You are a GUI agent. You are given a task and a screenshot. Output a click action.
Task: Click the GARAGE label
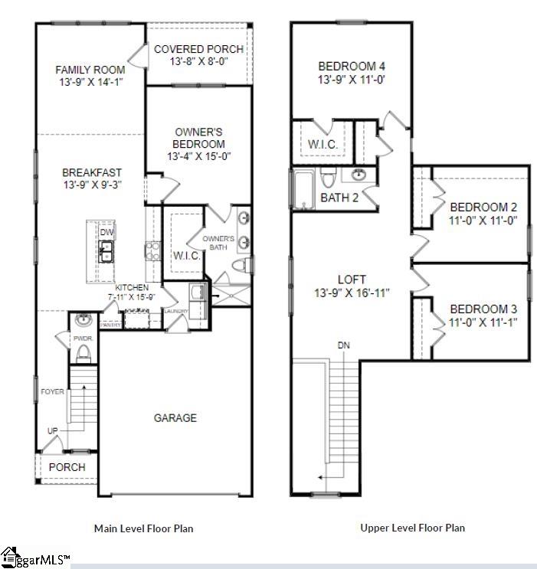pyautogui.click(x=175, y=418)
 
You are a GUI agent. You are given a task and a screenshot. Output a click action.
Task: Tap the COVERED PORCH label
pyautogui.click(x=198, y=49)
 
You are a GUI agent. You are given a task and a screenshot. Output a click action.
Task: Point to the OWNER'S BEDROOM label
pyautogui.click(x=198, y=138)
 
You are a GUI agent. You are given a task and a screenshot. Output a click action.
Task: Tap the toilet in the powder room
pyautogui.click(x=83, y=352)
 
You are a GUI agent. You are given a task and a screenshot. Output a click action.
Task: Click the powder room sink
pyautogui.click(x=83, y=320)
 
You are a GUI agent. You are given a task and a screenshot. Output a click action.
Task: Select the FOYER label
pyautogui.click(x=52, y=392)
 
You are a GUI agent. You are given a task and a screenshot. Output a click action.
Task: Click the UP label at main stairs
pyautogui.click(x=52, y=430)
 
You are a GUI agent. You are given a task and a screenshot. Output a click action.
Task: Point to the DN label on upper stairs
pyautogui.click(x=344, y=346)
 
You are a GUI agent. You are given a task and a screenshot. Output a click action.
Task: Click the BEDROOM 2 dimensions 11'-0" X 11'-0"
pyautogui.click(x=483, y=220)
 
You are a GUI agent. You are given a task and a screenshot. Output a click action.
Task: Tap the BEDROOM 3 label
pyautogui.click(x=483, y=309)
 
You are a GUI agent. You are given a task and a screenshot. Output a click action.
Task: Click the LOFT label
pyautogui.click(x=352, y=280)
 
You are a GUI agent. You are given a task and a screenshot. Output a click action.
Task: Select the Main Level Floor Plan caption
pyautogui.click(x=143, y=528)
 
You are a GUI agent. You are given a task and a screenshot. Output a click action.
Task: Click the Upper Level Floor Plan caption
pyautogui.click(x=412, y=528)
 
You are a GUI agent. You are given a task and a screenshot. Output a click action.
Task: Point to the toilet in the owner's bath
pyautogui.click(x=241, y=266)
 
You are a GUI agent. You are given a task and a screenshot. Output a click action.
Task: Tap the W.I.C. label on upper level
pyautogui.click(x=323, y=143)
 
